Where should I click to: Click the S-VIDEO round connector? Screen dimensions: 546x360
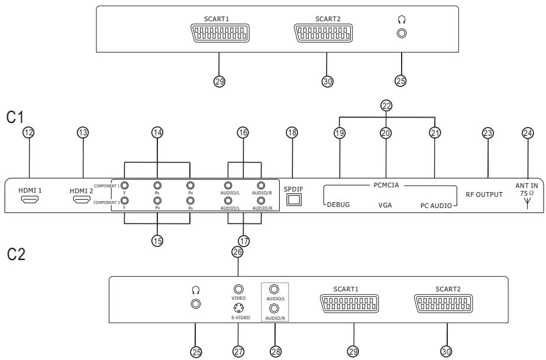pos(238,308)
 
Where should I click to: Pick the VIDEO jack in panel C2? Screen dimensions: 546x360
pos(238,290)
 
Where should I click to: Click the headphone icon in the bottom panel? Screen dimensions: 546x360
pos(195,290)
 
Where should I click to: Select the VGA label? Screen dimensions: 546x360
pos(387,206)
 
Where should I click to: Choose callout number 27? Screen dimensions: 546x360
pos(238,351)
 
